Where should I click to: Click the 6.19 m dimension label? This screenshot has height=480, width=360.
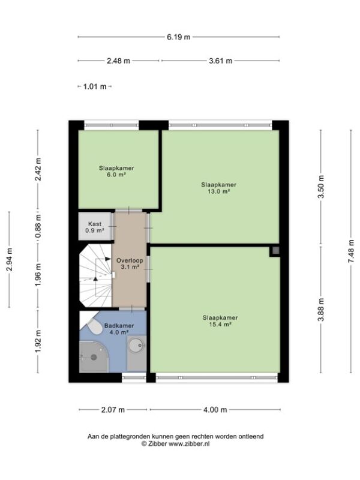[178, 37]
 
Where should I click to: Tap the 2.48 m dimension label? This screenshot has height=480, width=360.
[118, 61]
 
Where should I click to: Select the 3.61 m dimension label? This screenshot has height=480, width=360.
[220, 61]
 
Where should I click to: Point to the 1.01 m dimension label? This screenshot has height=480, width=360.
[95, 86]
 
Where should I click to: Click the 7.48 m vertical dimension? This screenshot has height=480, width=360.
[351, 251]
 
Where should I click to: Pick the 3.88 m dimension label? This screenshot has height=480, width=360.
[321, 310]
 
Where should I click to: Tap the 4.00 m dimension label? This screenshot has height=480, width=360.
[215, 410]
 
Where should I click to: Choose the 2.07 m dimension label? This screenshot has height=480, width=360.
[113, 410]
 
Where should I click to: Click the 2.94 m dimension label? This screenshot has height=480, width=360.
[9, 259]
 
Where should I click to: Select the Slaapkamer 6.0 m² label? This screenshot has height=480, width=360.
[116, 172]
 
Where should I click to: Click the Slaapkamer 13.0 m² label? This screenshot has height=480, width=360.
[218, 188]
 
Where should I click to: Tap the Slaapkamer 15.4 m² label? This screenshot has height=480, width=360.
[220, 321]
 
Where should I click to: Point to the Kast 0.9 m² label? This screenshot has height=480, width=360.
[95, 227]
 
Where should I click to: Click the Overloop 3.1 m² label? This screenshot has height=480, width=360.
[130, 263]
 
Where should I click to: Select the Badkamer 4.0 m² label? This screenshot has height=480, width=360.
[119, 329]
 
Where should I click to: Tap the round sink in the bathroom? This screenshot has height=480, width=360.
[137, 345]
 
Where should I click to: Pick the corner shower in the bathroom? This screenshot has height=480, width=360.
[94, 357]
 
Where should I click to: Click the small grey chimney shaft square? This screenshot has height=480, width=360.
[275, 251]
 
